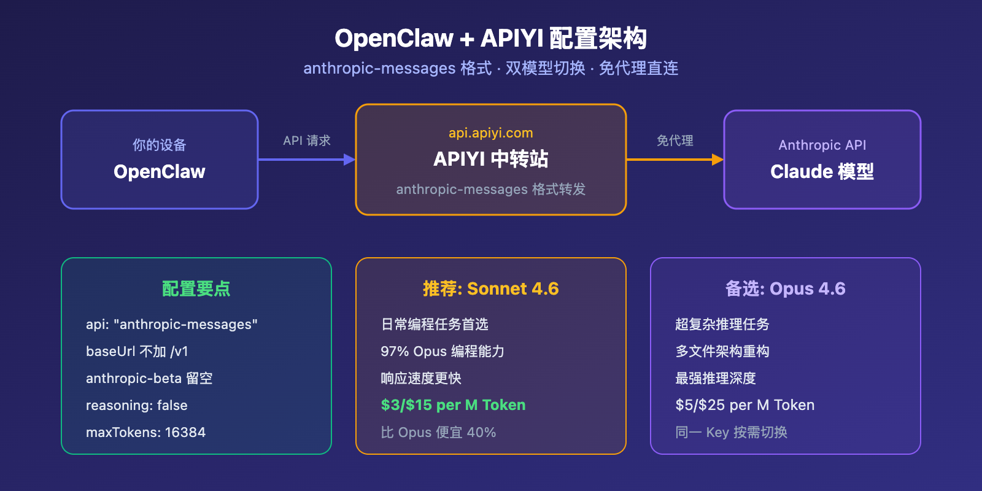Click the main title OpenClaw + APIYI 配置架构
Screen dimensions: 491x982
coord(490,39)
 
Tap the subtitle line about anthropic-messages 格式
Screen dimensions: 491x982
coord(490,68)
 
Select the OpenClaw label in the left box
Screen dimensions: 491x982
coord(160,172)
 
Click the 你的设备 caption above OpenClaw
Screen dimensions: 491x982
coord(160,145)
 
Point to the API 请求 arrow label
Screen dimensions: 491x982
coord(307,141)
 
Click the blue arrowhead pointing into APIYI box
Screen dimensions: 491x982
coord(349,160)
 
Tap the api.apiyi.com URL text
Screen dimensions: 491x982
coord(490,133)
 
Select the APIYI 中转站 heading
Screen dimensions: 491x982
coord(490,159)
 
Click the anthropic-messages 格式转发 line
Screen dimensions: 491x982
coord(490,189)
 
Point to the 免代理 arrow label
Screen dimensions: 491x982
coord(675,141)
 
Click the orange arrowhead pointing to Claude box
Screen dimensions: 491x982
coord(717,160)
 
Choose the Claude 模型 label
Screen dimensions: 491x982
coord(822,172)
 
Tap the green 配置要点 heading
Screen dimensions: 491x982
coord(196,288)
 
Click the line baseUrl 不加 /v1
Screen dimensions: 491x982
coord(137,352)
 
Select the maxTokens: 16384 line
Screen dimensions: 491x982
coord(145,433)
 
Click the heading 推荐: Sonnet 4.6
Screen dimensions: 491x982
coord(490,288)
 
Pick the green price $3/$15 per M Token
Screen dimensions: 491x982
coord(453,405)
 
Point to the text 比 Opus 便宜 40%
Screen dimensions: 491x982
coord(438,433)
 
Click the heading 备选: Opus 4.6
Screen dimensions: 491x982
coord(785,288)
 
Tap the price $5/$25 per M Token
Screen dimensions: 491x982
coord(744,405)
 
